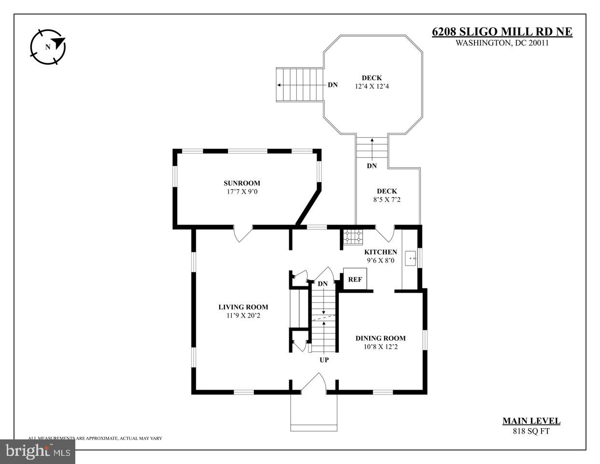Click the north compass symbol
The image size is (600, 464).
pyautogui.click(x=47, y=47)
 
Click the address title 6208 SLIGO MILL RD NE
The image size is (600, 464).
pyautogui.click(x=502, y=32)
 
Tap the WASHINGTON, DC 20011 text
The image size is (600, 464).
pyautogui.click(x=502, y=43)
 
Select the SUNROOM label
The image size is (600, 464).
pyautogui.click(x=241, y=183)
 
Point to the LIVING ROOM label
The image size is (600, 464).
pyautogui.click(x=243, y=307)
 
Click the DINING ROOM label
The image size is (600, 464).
pyautogui.click(x=380, y=338)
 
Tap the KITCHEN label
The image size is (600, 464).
pyautogui.click(x=380, y=252)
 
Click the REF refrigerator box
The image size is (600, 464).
pyautogui.click(x=355, y=279)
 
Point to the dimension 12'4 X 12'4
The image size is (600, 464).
pyautogui.click(x=372, y=86)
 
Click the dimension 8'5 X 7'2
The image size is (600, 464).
pyautogui.click(x=387, y=199)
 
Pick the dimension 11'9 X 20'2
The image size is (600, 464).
pyautogui.click(x=243, y=315)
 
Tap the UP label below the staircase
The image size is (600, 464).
pyautogui.click(x=324, y=360)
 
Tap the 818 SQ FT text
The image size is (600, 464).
pyautogui.click(x=531, y=431)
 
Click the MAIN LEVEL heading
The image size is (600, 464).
pyautogui.click(x=531, y=421)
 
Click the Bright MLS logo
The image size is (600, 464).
pyautogui.click(x=38, y=451)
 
